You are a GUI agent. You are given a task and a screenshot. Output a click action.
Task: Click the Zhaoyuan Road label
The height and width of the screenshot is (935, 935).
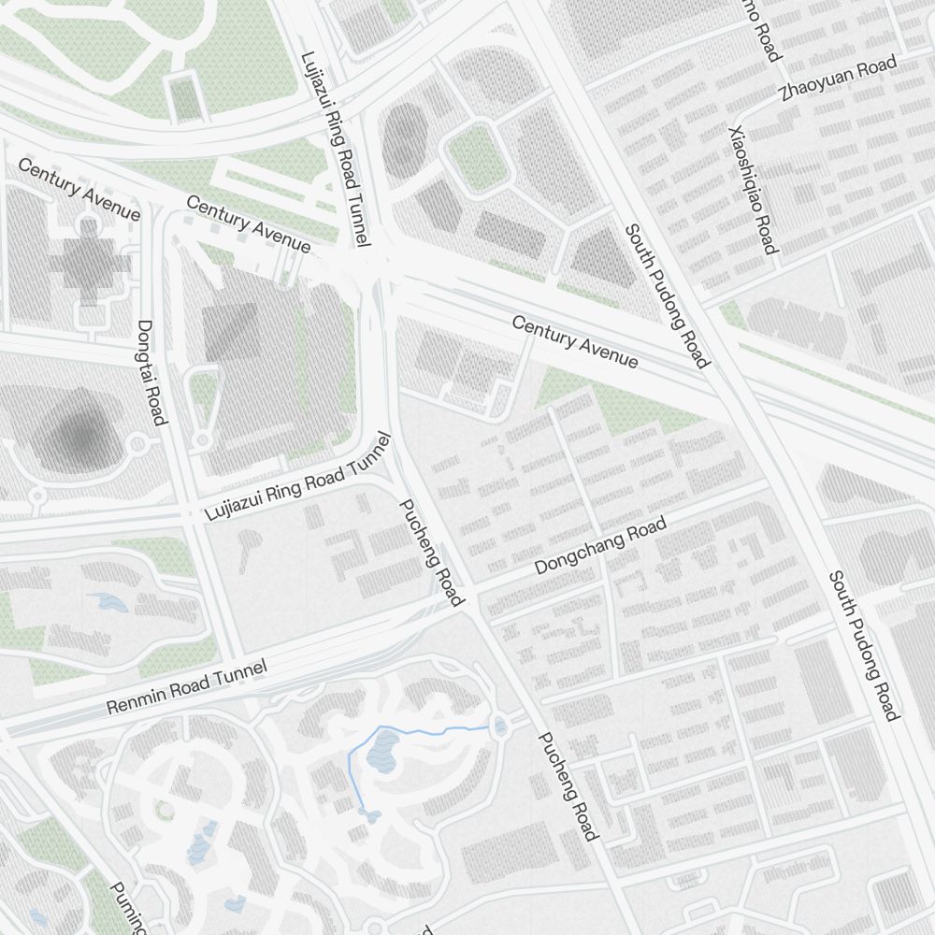(838, 78)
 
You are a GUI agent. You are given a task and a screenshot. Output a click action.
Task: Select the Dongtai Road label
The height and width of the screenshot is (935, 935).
(151, 372)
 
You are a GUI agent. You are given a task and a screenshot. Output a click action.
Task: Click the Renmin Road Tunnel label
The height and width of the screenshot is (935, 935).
(187, 687)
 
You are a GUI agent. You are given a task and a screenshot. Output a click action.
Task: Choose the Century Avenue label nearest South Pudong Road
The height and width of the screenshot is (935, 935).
(575, 342)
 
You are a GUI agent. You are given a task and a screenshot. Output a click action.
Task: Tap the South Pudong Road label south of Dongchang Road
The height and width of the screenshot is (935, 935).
(862, 645)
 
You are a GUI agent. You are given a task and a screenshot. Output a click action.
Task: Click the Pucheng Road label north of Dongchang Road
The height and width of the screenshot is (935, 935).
(431, 552)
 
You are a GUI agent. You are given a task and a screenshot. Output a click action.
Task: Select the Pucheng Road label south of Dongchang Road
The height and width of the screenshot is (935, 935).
(567, 785)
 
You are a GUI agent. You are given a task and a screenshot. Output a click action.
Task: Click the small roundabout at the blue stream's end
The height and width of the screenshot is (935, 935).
(500, 726)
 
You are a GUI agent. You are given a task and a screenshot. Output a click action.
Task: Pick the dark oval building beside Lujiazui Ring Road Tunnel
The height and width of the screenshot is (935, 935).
(404, 140)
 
